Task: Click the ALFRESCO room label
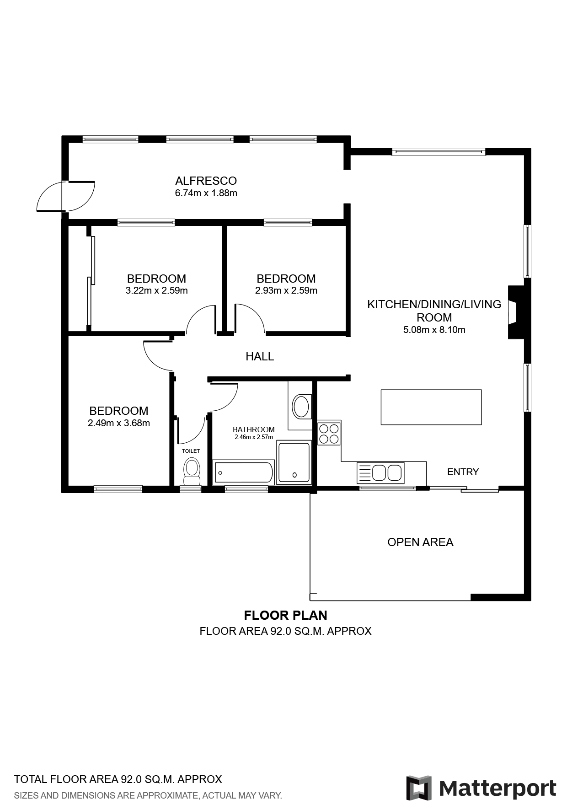pyautogui.click(x=206, y=181)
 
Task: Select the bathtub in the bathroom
pyautogui.click(x=244, y=472)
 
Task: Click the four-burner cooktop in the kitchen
pyautogui.click(x=329, y=434)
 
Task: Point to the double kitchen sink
pyautogui.click(x=380, y=472)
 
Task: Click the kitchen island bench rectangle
pyautogui.click(x=431, y=407)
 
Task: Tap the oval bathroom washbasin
pyautogui.click(x=301, y=407)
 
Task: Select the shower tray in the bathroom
pyautogui.click(x=294, y=462)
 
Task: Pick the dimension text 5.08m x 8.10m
pyautogui.click(x=434, y=330)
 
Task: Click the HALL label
pyautogui.click(x=260, y=356)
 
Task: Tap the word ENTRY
pyautogui.click(x=463, y=472)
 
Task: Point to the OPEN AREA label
pyautogui.click(x=420, y=542)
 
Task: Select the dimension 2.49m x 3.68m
pyautogui.click(x=119, y=423)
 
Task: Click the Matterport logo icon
pyautogui.click(x=419, y=788)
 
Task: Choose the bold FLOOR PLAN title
pyautogui.click(x=286, y=615)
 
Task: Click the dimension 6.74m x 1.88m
pyautogui.click(x=206, y=193)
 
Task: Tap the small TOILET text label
pyautogui.click(x=191, y=451)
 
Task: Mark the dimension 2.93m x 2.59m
pyautogui.click(x=286, y=290)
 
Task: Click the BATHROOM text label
pyautogui.click(x=254, y=429)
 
